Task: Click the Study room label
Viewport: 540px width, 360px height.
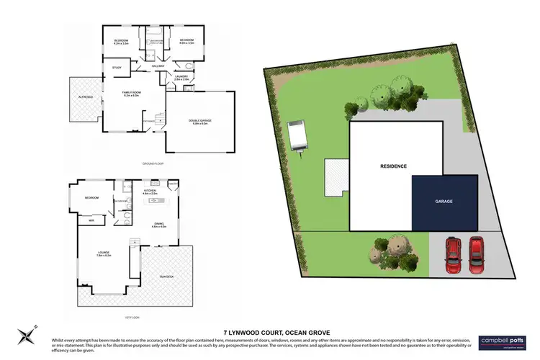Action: click(116, 68)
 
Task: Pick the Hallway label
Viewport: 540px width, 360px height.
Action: click(158, 68)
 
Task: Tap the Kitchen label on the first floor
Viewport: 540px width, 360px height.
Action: click(150, 192)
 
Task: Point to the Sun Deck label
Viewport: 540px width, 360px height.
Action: click(166, 276)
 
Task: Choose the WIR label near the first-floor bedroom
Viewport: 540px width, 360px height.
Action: click(91, 221)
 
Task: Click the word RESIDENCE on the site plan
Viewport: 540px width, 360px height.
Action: click(393, 166)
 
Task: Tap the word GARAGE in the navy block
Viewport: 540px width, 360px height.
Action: click(444, 202)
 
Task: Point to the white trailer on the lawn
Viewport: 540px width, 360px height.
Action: click(297, 138)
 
